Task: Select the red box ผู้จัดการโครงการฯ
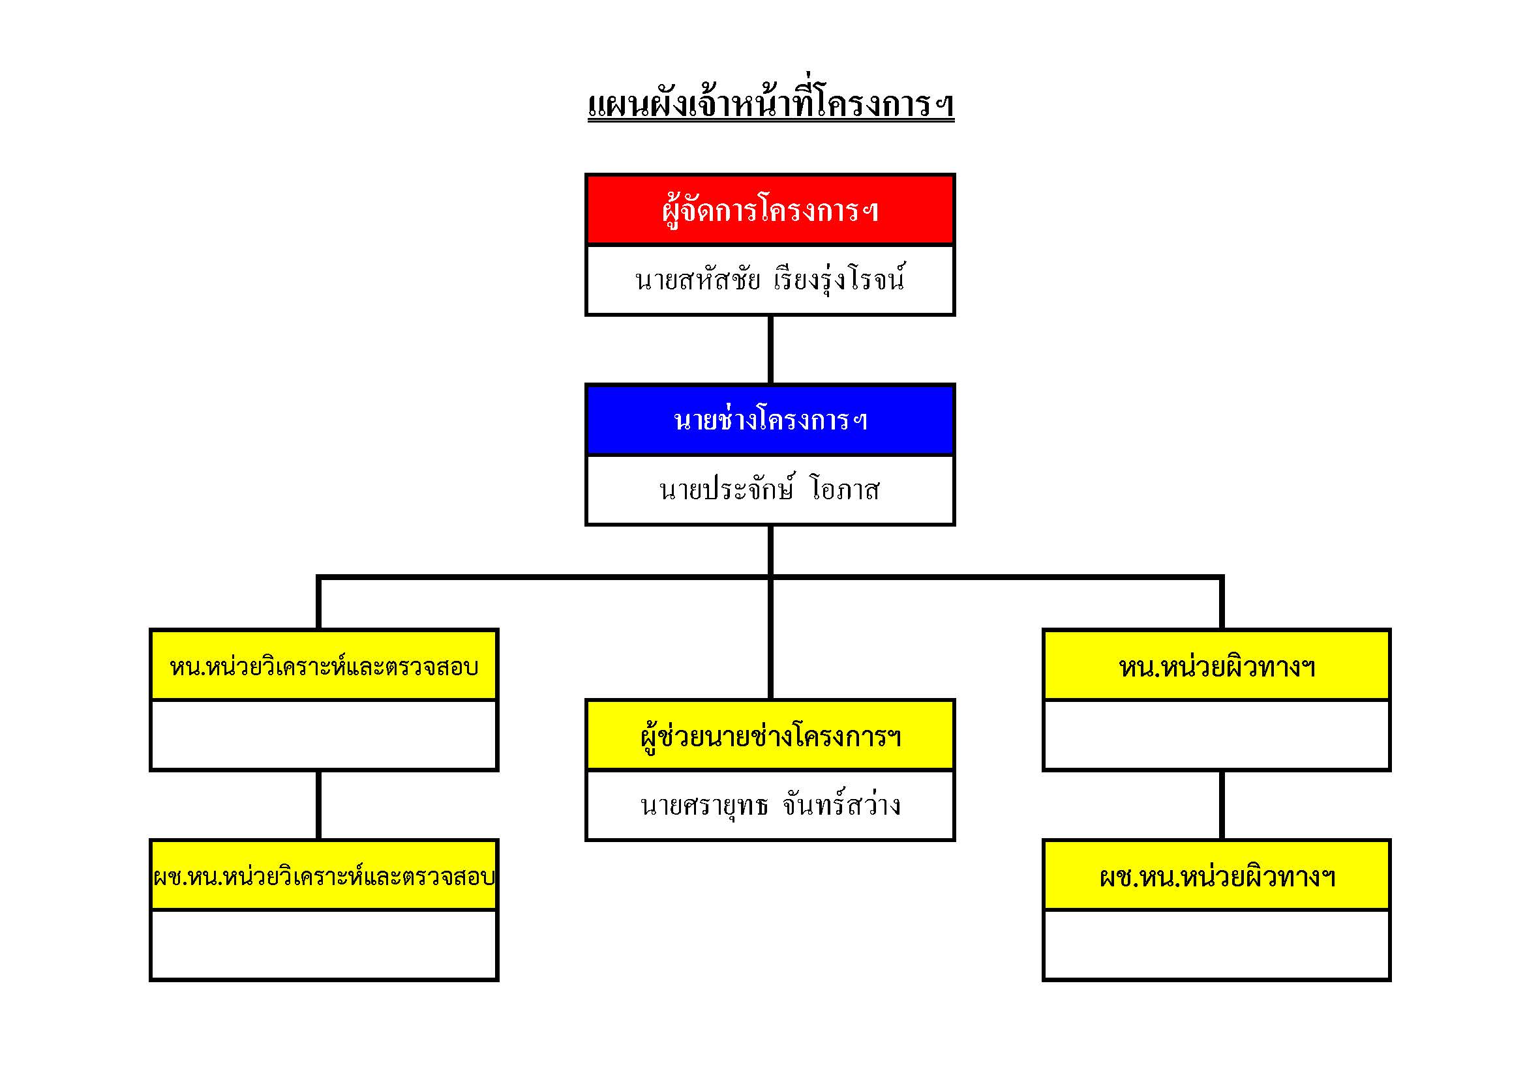[x=770, y=210]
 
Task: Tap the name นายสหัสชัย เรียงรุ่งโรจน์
[x=770, y=280]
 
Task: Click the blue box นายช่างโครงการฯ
[x=770, y=420]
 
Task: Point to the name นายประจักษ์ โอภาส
[x=769, y=489]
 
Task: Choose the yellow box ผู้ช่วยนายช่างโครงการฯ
[x=770, y=735]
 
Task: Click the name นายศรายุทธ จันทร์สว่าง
[x=770, y=805]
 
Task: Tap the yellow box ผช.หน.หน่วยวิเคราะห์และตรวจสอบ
[x=324, y=875]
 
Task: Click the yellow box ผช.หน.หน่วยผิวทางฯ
[x=1217, y=875]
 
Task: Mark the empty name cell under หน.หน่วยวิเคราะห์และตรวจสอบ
[x=324, y=735]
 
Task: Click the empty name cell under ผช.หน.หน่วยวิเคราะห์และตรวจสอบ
[x=324, y=944]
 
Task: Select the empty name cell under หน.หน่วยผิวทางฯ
[x=1217, y=735]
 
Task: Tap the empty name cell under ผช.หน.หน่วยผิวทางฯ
[x=1217, y=944]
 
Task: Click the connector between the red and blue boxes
[x=770, y=350]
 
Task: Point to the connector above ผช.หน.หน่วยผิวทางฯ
[x=1222, y=805]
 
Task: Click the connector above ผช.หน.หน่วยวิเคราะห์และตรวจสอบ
[x=319, y=805]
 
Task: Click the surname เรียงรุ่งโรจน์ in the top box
[x=839, y=280]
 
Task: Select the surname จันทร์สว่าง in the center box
[x=841, y=805]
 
